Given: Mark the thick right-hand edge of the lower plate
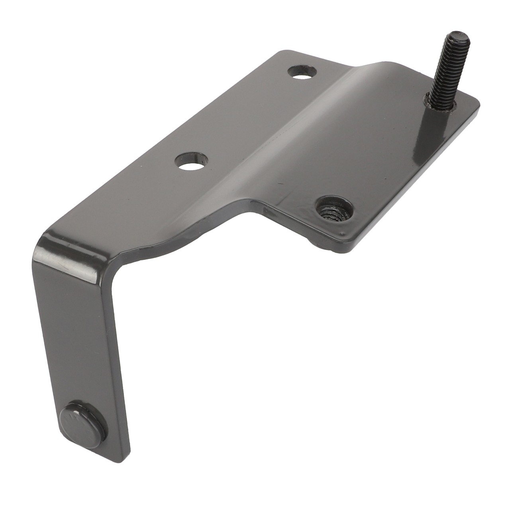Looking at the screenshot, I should point(418,179).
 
